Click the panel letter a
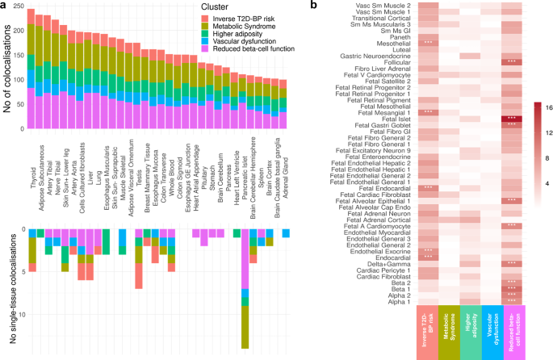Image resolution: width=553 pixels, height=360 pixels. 5,6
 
